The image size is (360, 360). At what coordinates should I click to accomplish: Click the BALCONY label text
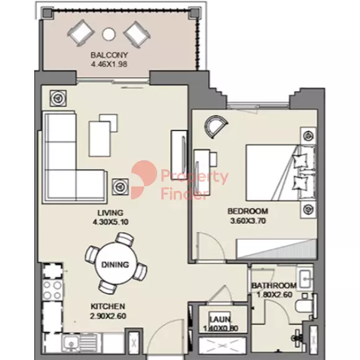tap(109, 55)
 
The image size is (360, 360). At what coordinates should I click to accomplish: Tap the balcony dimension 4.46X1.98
tap(109, 64)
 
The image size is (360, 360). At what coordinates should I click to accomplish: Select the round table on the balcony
tap(109, 34)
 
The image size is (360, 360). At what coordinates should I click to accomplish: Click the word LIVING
tap(110, 213)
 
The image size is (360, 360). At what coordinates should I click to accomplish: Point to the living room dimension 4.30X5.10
tap(110, 222)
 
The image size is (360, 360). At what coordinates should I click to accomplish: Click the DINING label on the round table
tap(115, 264)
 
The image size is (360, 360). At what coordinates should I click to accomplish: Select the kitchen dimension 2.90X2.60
tap(108, 316)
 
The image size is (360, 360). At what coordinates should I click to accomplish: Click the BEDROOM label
tap(248, 211)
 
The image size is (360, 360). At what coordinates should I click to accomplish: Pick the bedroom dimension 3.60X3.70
tap(248, 221)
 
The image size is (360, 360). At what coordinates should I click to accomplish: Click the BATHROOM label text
tap(274, 286)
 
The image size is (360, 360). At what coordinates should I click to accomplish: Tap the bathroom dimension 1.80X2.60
tap(274, 295)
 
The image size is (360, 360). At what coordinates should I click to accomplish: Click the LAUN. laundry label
tap(220, 319)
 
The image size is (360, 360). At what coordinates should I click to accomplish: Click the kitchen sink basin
tap(71, 344)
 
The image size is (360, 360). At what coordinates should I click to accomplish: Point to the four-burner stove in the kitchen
tap(53, 290)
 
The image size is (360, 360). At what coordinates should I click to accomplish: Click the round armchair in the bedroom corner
tap(216, 127)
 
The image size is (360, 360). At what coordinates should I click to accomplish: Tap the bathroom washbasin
tap(305, 279)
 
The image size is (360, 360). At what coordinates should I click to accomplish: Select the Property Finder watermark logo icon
tap(144, 179)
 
